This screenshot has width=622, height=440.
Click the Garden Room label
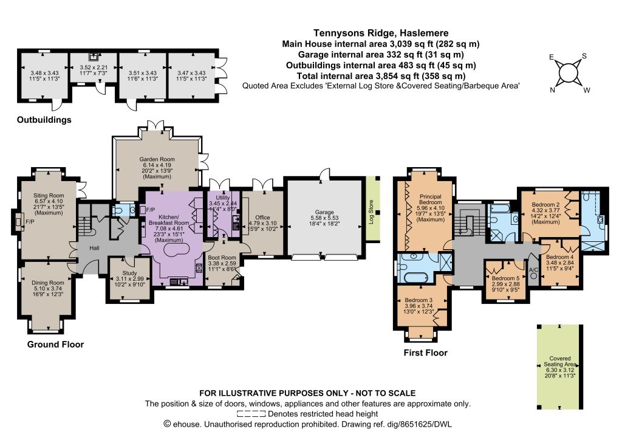point(157,159)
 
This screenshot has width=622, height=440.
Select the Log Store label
point(371,212)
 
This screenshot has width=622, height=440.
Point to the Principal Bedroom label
point(431,199)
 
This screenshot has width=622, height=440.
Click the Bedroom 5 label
point(505,278)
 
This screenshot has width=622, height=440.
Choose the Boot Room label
point(222,258)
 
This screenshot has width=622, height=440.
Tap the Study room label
point(129,273)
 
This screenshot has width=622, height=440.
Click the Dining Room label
point(47,283)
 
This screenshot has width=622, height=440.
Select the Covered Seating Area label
point(559,361)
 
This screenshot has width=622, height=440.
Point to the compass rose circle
point(567,73)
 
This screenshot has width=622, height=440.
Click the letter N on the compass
point(552,90)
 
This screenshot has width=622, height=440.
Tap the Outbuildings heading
point(44,120)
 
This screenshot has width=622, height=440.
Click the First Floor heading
point(425,352)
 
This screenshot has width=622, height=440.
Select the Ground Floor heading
point(55,345)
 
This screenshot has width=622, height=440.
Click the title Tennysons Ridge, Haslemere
point(381,33)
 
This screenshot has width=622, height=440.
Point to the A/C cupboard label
point(533,270)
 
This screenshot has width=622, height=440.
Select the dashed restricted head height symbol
point(251,414)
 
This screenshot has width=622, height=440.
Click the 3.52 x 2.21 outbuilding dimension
point(94,67)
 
